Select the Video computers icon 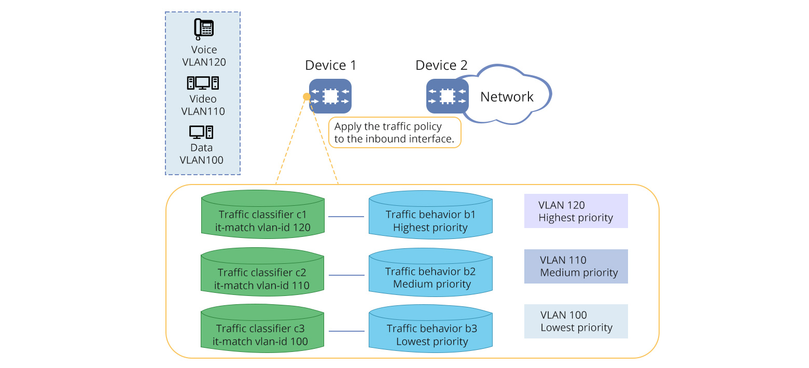click(x=203, y=83)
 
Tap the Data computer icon click(x=201, y=132)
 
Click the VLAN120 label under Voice click(x=204, y=62)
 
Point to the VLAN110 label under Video click(x=203, y=111)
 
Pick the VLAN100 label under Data click(x=201, y=160)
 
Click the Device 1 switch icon click(x=330, y=96)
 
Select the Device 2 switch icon click(x=447, y=96)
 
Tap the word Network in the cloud click(x=507, y=97)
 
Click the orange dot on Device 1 click(x=306, y=96)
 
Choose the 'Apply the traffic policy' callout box click(x=395, y=133)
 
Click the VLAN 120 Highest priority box click(x=576, y=211)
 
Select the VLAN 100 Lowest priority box click(x=576, y=321)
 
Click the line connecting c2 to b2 click(x=346, y=275)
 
